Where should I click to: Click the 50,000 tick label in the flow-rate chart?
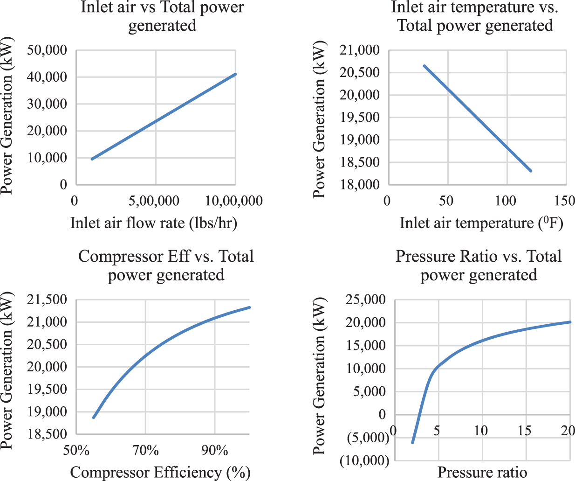tap(47, 50)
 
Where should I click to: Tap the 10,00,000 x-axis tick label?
tap(234, 201)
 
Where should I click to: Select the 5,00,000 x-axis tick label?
tap(154, 201)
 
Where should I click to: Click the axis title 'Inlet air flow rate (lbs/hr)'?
tap(154, 223)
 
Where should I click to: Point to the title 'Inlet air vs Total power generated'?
tap(162, 16)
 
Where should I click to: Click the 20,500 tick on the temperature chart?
tap(360, 73)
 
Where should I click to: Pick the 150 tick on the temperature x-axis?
tap(565, 201)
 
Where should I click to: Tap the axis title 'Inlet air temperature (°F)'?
tap(481, 223)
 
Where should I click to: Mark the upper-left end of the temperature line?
tap(424, 66)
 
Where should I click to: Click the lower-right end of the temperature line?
tap(531, 171)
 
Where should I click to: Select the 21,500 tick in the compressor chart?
tap(47, 300)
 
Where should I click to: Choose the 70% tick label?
tap(145, 451)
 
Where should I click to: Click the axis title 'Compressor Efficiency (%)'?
tap(160, 472)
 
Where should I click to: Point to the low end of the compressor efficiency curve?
tap(94, 418)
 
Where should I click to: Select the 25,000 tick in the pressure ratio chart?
tap(366, 300)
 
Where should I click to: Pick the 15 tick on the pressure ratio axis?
tap(524, 430)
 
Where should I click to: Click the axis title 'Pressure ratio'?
tap(482, 472)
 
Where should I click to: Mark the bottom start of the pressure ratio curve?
tap(412, 442)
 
